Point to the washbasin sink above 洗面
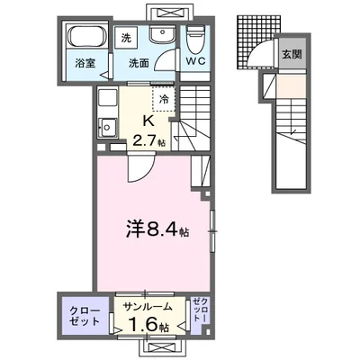(x=162, y=37)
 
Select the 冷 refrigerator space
(x=164, y=100)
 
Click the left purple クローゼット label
(x=85, y=315)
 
